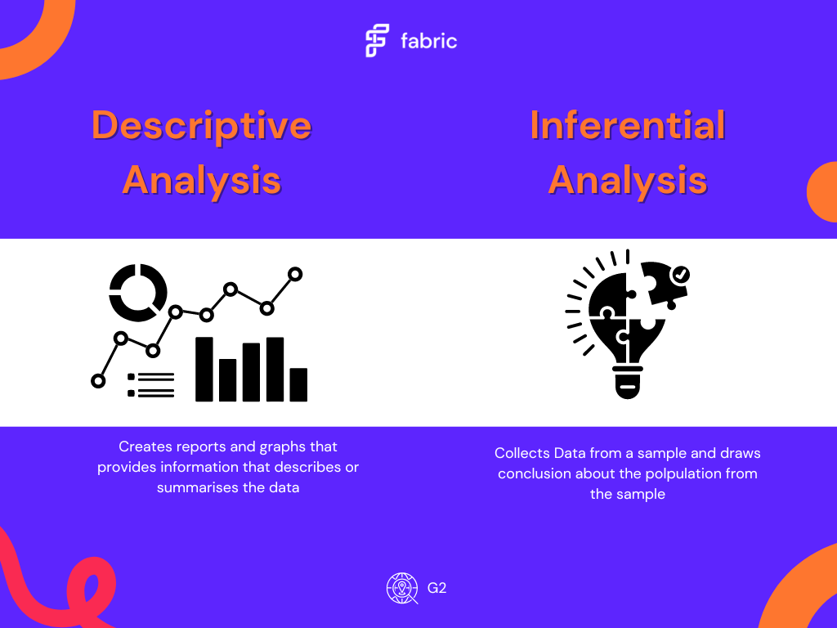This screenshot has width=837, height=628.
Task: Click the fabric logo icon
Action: (x=377, y=41)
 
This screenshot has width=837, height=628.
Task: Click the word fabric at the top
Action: (x=429, y=41)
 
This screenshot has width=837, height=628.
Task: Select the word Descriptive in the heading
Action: (x=201, y=126)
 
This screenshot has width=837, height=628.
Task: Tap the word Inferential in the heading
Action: (x=628, y=126)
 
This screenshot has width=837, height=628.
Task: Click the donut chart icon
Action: (x=138, y=290)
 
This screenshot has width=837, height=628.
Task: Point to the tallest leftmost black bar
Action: (x=204, y=369)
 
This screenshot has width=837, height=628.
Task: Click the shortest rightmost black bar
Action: (x=298, y=384)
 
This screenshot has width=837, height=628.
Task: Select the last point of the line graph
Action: (x=295, y=274)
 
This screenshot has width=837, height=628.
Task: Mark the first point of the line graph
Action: (x=99, y=380)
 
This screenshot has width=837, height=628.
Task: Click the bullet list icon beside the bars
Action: (x=151, y=385)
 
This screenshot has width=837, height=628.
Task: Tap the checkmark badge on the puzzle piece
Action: (x=679, y=276)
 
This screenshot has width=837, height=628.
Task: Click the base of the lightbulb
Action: (x=627, y=384)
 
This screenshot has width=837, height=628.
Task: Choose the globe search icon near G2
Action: (x=402, y=588)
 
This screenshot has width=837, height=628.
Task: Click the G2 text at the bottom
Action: (x=436, y=588)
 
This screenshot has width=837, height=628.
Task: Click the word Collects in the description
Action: (x=522, y=453)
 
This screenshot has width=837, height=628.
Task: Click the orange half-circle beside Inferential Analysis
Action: (x=822, y=192)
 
